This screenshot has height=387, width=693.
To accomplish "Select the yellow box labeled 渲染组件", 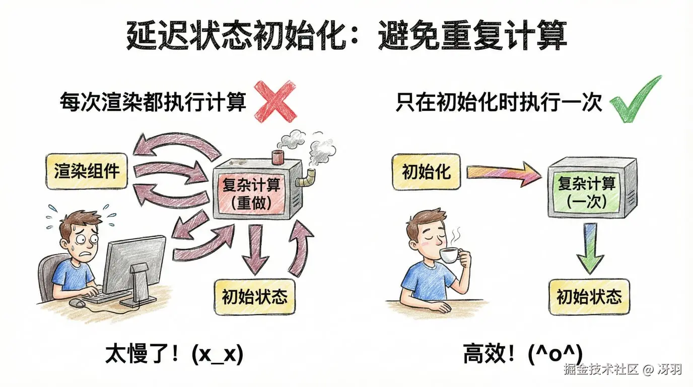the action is tap(87, 171).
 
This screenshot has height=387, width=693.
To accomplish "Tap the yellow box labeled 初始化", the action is tap(426, 172).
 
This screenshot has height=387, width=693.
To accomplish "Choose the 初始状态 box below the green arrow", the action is tap(589, 297).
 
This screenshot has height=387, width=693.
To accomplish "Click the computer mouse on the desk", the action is tap(77, 303).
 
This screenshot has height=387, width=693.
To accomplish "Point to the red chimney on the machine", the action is tap(278, 156).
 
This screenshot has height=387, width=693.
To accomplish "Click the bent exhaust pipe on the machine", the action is tap(306, 178).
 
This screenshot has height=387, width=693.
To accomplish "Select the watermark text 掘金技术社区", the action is tap(601, 369).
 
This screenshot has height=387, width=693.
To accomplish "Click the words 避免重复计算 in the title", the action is tap(472, 35).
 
